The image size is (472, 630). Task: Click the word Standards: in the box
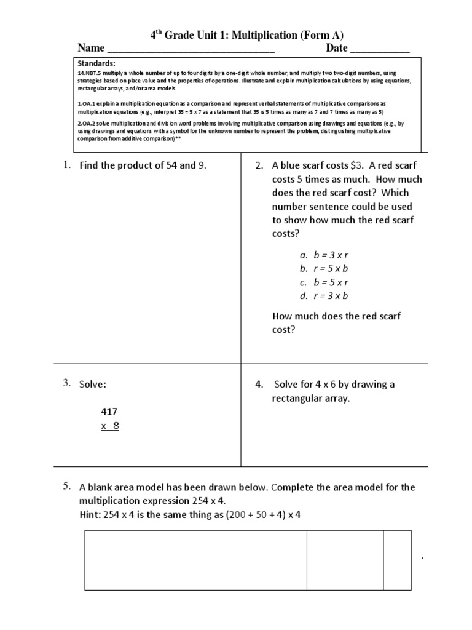click(x=96, y=63)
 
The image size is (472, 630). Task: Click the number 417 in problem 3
click(x=109, y=412)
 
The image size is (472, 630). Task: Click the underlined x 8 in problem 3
click(x=110, y=426)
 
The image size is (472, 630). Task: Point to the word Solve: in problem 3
click(x=92, y=385)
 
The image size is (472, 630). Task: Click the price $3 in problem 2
click(x=356, y=165)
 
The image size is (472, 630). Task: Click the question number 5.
click(x=67, y=487)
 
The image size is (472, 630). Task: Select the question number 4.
click(x=259, y=385)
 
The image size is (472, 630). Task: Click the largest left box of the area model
click(x=195, y=560)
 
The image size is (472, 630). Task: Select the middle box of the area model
click(x=345, y=560)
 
